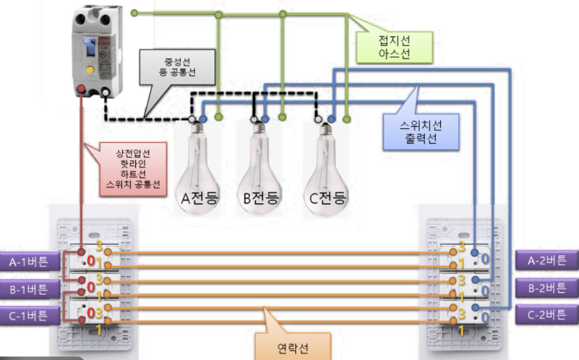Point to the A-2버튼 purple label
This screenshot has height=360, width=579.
tap(547, 260)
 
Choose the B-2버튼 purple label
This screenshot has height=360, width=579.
tap(547, 287)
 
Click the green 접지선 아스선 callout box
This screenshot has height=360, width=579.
tap(394, 46)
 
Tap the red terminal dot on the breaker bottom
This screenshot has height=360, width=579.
tap(82, 90)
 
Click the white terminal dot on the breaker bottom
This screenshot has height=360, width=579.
tap(106, 91)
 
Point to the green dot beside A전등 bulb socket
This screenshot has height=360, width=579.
tap(218, 117)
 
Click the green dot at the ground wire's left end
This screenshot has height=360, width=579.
tap(134, 12)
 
